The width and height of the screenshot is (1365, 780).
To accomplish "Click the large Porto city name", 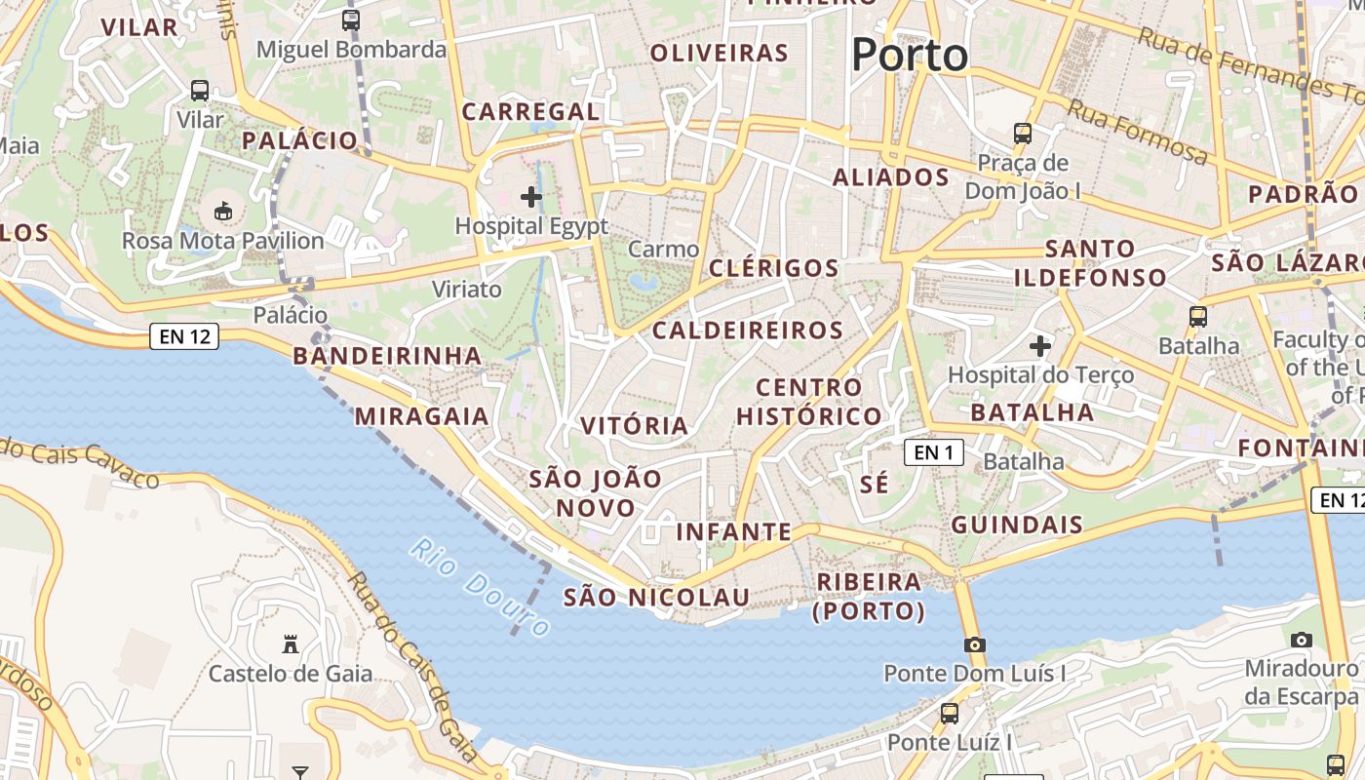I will pos(910,56).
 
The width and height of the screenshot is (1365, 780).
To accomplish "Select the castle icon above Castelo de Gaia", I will pos(290,643).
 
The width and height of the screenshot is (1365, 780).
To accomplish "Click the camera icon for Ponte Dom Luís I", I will pos(974,644).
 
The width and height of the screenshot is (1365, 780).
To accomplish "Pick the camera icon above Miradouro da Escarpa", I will pos(1301,640).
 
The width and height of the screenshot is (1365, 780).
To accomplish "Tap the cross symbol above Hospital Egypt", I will pos(531,198).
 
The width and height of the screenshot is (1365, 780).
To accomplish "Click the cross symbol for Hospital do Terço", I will pos(1040,345).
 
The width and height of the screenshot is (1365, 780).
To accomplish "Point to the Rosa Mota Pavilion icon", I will pos(223,211).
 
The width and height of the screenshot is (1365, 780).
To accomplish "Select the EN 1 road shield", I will pos(933,452).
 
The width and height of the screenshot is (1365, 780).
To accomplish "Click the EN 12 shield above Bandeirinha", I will pos(184,337).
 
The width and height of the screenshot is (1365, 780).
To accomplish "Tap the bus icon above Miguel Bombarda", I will pos(350,19).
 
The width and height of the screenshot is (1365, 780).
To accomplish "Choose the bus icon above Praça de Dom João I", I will pos(1022,133).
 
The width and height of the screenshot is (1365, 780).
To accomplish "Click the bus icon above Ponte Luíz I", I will pos(949,714).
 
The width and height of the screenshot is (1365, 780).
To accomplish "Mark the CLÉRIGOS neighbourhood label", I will pos(774,268).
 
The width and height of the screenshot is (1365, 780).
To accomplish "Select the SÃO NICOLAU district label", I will pos(656,598).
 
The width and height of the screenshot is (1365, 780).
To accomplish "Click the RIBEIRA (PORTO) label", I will pos(869,596).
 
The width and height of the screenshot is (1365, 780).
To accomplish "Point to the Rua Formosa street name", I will pos(1137,132).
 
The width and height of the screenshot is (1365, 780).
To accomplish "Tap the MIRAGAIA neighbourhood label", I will pos(421,416).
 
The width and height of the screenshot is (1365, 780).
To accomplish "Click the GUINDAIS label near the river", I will pos(1017,525).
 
